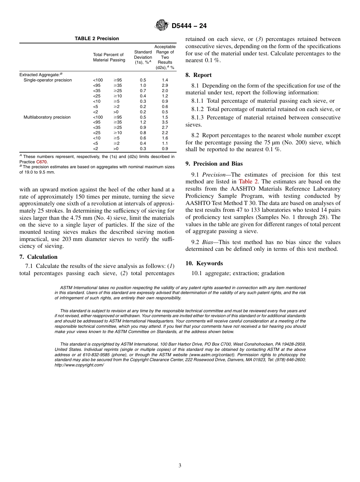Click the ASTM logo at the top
(x=162, y=26)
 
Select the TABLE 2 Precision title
(x=97, y=39)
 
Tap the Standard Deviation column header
(x=143, y=57)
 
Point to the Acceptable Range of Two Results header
(x=165, y=57)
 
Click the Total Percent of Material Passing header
(x=108, y=58)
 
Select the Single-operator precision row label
(x=48, y=80)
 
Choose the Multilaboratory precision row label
(x=47, y=117)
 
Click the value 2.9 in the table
(x=165, y=86)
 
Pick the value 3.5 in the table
(x=165, y=122)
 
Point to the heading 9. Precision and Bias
(x=214, y=164)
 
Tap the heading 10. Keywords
(x=204, y=263)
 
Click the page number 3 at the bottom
(x=180, y=466)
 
